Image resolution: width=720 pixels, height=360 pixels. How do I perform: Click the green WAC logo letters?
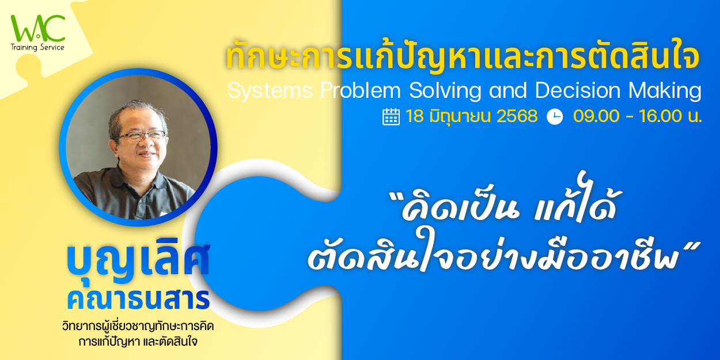click(x=37, y=28)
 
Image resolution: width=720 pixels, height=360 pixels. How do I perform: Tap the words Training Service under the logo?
click(x=37, y=48)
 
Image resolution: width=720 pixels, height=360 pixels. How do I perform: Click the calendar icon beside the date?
click(x=391, y=117)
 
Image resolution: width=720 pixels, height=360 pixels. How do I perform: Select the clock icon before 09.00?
click(x=555, y=117)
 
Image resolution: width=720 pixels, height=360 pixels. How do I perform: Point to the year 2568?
click(x=517, y=116)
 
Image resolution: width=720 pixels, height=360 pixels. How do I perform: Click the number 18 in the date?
click(x=415, y=116)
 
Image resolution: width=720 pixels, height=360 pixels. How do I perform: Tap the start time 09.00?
click(x=596, y=116)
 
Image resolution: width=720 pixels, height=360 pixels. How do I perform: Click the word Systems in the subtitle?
click(x=270, y=90)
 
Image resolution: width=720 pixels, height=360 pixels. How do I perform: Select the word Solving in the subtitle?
click(x=445, y=90)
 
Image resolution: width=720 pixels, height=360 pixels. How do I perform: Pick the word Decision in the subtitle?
click(x=578, y=90)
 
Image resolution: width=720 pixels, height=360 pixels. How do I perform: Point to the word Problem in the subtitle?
click(x=361, y=90)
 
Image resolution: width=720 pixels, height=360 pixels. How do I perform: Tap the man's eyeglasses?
click(x=141, y=137)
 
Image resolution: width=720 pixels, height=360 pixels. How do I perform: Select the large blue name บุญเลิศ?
click(x=138, y=262)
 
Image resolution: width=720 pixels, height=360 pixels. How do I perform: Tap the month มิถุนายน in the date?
click(x=460, y=116)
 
